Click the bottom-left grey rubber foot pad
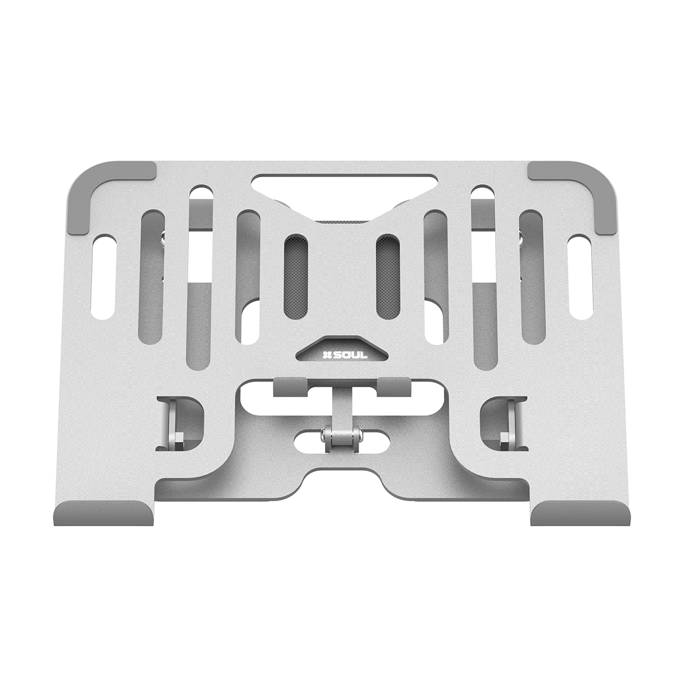click(x=104, y=512)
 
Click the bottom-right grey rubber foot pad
click(x=580, y=512)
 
